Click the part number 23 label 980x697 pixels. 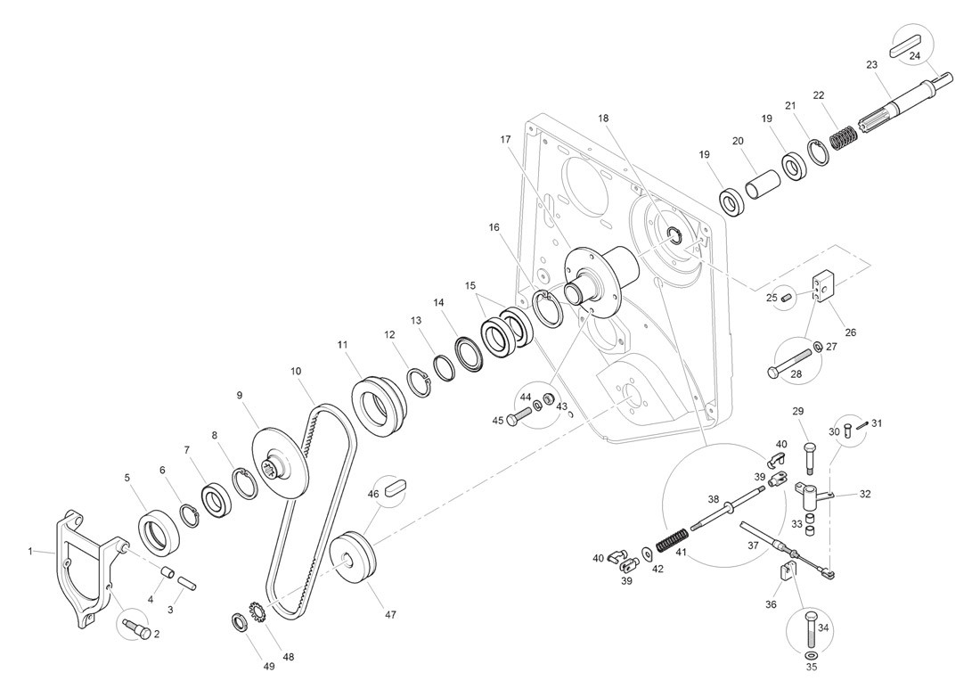click(871, 64)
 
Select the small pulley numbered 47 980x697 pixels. click(354, 559)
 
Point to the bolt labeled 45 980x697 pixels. click(519, 416)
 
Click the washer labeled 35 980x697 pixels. click(812, 664)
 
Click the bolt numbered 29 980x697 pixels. click(810, 455)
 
